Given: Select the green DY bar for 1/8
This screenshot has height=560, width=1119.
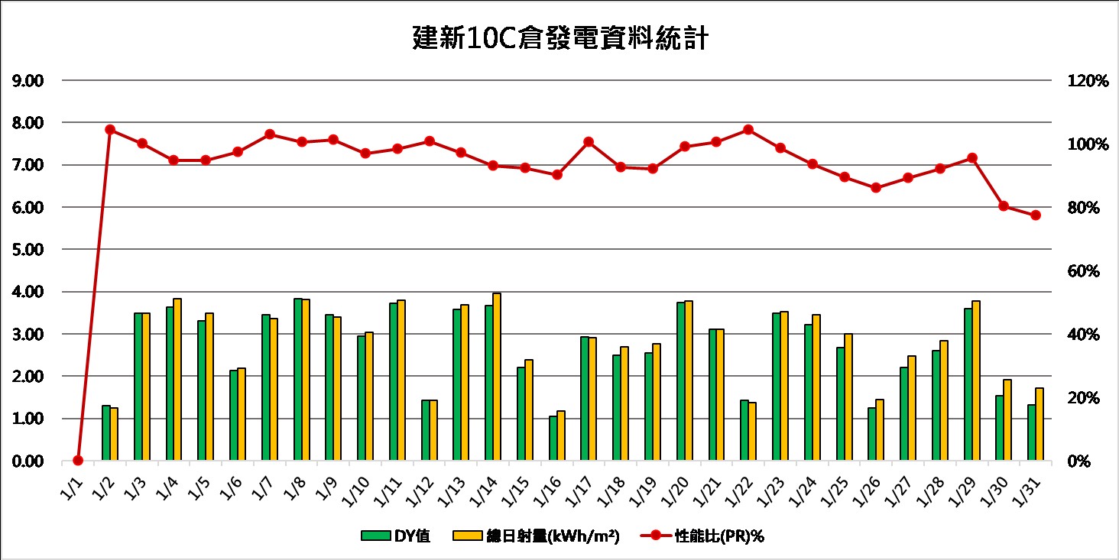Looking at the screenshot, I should pos(298,380).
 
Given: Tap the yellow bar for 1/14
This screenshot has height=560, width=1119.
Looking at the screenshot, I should pos(497,377).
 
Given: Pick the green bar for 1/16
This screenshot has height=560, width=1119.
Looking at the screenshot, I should pos(553,439).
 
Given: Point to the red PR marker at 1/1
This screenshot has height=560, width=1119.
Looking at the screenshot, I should pos(78,460).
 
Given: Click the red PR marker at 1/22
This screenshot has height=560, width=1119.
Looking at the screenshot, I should pos(748,130).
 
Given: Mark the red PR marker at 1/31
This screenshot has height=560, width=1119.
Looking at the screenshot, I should pos(1036,215).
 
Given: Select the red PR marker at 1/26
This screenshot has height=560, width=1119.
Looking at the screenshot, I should pos(876,187).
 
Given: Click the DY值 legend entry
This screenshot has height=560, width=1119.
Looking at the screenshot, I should pos(397,536).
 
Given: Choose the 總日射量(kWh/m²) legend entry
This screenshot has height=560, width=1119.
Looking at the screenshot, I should pos(536,536).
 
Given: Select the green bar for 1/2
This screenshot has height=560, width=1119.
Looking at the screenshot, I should pos(106,433).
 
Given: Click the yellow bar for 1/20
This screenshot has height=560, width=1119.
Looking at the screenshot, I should pos(689,380).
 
